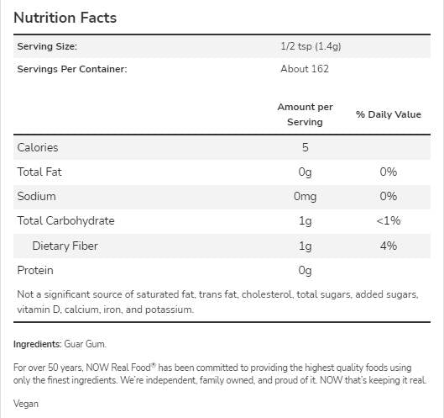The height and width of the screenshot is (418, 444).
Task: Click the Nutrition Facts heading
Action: [x=65, y=18]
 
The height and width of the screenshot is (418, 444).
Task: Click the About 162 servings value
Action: [x=305, y=69]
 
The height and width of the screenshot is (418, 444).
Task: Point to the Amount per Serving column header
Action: [x=305, y=114]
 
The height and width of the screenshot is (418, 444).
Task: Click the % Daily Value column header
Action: [x=388, y=114]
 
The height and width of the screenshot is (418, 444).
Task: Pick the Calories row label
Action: [x=38, y=147]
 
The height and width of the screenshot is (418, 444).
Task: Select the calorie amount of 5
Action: [x=306, y=147]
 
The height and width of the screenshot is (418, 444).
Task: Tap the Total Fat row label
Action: [x=39, y=172]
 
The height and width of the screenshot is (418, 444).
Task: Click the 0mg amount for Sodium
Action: [x=305, y=196]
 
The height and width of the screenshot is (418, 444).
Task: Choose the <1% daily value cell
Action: [x=388, y=220]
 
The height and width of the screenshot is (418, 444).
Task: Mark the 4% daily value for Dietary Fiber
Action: [x=388, y=246]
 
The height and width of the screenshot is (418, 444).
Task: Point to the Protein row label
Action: [x=35, y=270]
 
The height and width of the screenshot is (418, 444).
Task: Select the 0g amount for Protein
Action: [x=305, y=270]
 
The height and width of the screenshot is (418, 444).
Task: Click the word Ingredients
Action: [x=37, y=344]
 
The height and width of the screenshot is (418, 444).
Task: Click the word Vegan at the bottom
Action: [x=26, y=404]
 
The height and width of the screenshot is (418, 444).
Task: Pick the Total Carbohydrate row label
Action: [x=65, y=220]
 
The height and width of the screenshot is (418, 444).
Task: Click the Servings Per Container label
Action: [x=71, y=69]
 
